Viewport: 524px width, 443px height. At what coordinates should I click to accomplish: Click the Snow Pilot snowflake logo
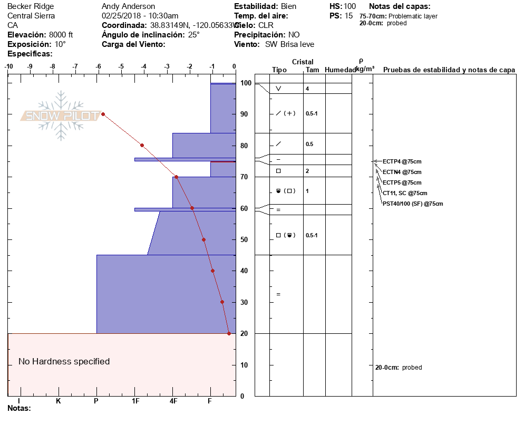click(x=61, y=115)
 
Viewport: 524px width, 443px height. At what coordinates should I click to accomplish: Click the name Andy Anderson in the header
click(x=128, y=6)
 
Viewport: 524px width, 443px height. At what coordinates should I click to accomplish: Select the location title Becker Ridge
click(x=31, y=6)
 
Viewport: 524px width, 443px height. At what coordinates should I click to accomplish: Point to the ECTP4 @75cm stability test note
click(x=402, y=161)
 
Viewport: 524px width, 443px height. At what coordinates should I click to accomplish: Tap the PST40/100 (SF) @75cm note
click(x=413, y=204)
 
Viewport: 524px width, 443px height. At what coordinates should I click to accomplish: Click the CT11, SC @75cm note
click(x=405, y=193)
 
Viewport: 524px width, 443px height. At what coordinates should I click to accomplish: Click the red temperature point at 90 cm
click(x=103, y=114)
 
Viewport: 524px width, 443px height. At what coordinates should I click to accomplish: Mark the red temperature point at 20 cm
click(x=229, y=333)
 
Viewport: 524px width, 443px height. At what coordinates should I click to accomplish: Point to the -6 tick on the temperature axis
click(x=98, y=67)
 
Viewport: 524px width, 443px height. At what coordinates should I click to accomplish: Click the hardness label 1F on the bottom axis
click(x=135, y=401)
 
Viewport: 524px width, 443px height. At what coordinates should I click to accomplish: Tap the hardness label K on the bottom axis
click(x=58, y=401)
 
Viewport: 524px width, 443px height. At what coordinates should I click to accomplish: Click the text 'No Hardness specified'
click(x=64, y=361)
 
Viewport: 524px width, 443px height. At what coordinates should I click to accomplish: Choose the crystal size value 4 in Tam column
click(x=307, y=89)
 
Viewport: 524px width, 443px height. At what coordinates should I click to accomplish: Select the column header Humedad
click(x=340, y=70)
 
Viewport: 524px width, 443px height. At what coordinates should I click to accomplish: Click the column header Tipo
click(x=279, y=70)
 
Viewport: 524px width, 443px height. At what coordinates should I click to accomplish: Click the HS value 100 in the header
click(x=350, y=6)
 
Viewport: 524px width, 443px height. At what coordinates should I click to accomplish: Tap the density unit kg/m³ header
click(x=365, y=69)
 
